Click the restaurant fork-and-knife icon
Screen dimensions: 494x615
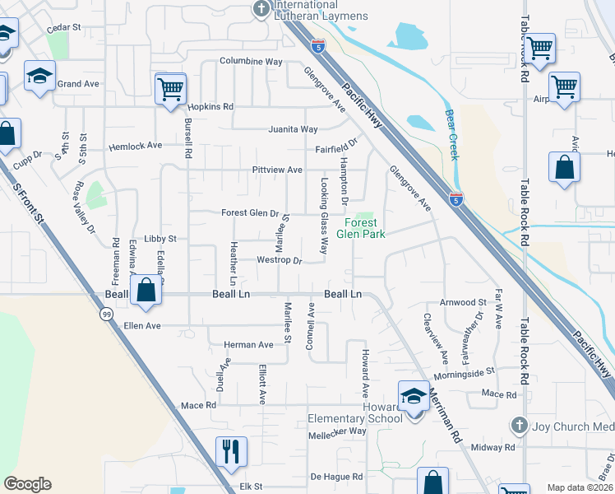(x=231, y=450)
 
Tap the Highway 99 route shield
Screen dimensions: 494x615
(x=107, y=315)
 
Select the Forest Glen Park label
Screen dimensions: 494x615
(x=360, y=228)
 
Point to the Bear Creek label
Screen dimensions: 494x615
(x=451, y=135)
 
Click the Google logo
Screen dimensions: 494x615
(x=27, y=484)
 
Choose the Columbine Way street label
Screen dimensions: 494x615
(x=251, y=62)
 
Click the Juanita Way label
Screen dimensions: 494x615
(x=293, y=129)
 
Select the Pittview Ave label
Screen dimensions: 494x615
(x=277, y=170)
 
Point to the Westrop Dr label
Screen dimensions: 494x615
(x=280, y=260)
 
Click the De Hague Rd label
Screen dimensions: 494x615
(x=336, y=477)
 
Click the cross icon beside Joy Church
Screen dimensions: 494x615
(x=518, y=426)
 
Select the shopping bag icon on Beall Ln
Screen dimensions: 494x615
(x=146, y=291)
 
